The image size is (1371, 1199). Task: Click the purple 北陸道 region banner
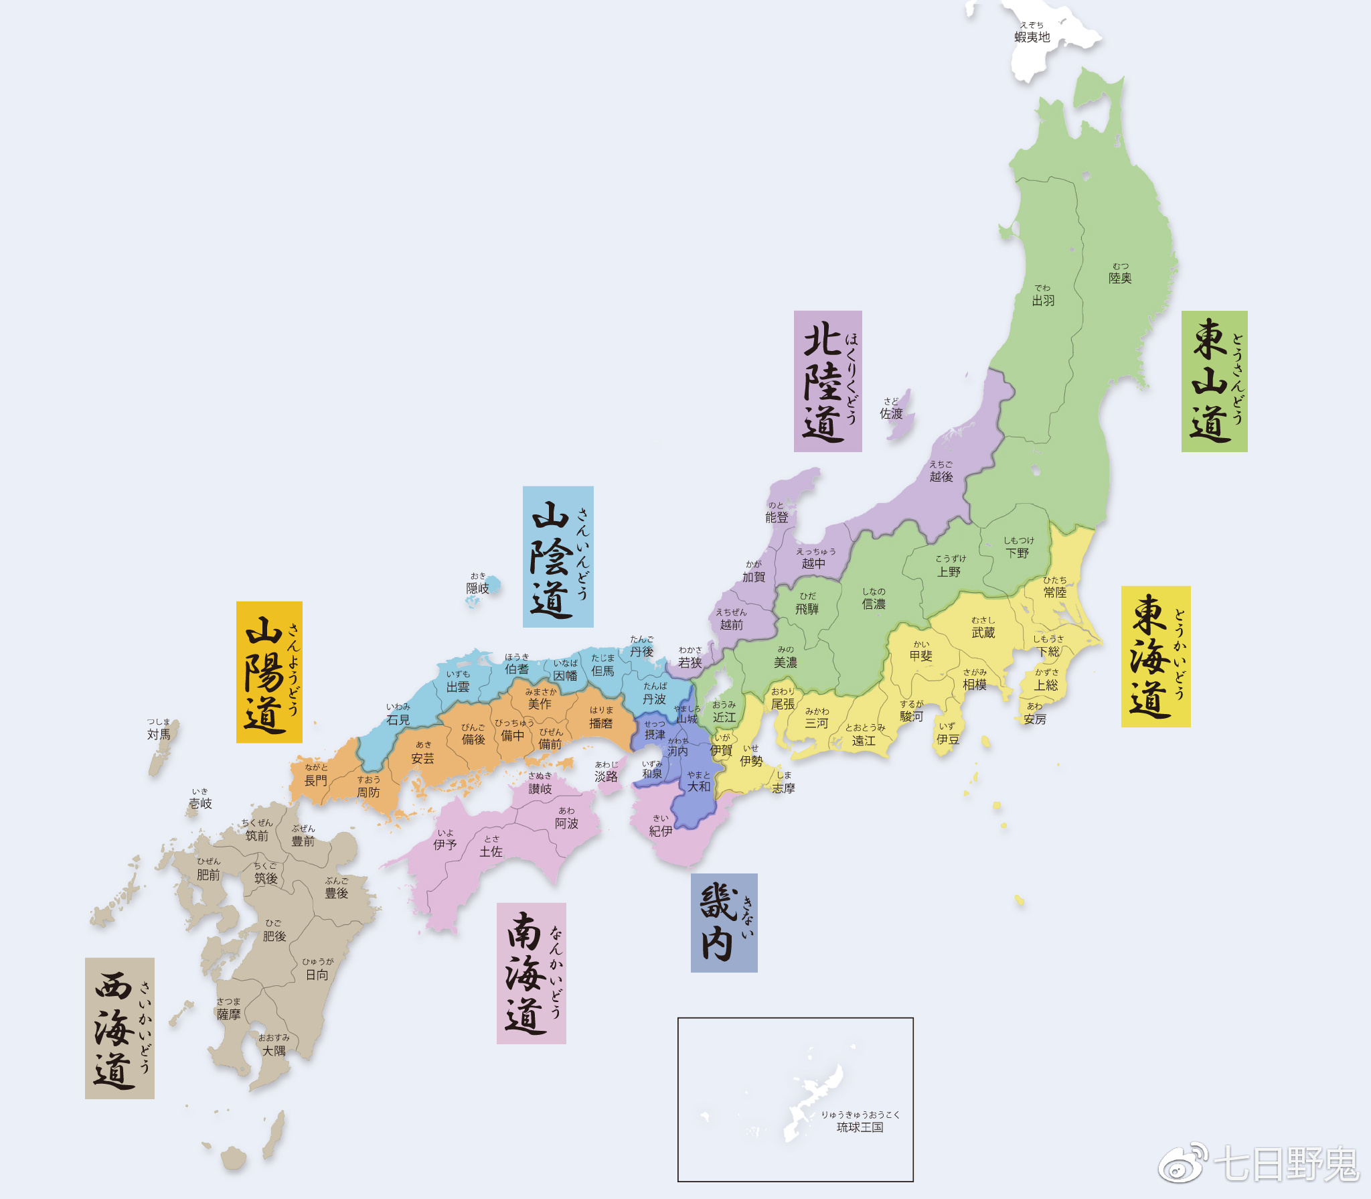tap(827, 381)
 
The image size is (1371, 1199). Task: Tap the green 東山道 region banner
tap(1214, 381)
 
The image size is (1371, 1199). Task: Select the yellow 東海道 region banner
tap(1155, 656)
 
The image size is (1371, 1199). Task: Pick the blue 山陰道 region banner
tap(558, 557)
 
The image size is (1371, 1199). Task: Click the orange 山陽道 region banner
tap(269, 672)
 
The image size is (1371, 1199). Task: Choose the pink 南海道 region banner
tap(531, 973)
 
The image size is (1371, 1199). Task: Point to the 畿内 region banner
tap(724, 922)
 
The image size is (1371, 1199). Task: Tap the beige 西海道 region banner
tap(120, 1028)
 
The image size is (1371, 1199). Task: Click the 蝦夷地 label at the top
tap(1032, 37)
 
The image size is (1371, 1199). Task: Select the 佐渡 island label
tap(891, 413)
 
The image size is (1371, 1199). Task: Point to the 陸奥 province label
tap(1120, 277)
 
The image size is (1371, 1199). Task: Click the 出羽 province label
tap(1043, 300)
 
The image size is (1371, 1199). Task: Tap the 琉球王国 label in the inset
tap(860, 1127)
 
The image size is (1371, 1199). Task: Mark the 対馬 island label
tap(159, 734)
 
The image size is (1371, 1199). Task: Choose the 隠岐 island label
tap(477, 587)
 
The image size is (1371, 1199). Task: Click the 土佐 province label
tap(491, 851)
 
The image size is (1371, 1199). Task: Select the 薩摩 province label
tap(228, 1014)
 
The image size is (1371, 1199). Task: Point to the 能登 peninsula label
tap(777, 517)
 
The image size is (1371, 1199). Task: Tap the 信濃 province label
tap(874, 604)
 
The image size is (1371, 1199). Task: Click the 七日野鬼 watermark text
tap(1285, 1163)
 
